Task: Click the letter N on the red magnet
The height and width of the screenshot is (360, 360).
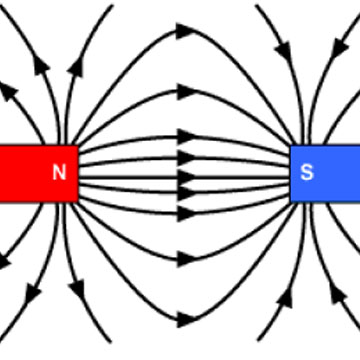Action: click(x=59, y=173)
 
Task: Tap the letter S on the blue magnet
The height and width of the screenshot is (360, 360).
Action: click(x=307, y=173)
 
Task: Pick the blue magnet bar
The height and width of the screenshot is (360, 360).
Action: click(x=325, y=173)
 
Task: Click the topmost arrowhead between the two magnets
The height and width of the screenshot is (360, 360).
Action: click(x=186, y=31)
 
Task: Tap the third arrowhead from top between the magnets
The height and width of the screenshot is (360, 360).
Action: click(x=186, y=133)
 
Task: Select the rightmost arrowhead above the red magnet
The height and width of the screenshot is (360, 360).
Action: click(x=75, y=65)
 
